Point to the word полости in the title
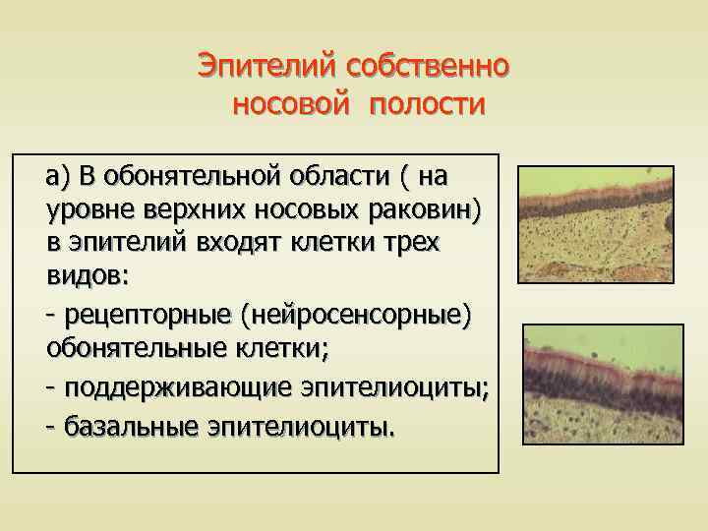(428, 103)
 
